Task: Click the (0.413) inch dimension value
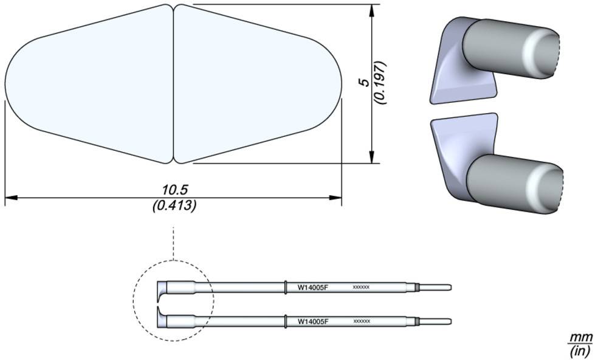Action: point(174,206)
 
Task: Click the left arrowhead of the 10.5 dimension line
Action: point(11,198)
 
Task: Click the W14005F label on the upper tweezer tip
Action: point(313,288)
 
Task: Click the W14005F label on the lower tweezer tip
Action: point(313,321)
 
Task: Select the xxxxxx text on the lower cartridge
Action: point(361,321)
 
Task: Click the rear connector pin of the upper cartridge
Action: point(436,288)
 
